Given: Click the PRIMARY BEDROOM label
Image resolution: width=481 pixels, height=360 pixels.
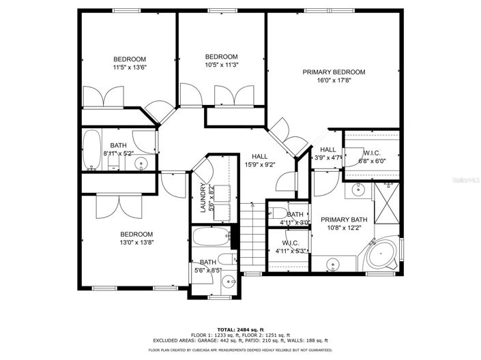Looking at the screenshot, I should [x=334, y=72].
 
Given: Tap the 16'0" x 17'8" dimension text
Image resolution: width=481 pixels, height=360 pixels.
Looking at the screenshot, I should [x=334, y=80].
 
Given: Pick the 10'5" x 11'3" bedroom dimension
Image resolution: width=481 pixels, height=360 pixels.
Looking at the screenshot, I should [x=221, y=65].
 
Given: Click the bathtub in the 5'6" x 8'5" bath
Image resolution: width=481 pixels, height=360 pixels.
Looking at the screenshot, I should [x=212, y=238].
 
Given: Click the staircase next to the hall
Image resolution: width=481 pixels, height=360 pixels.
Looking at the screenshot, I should [x=252, y=235].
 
